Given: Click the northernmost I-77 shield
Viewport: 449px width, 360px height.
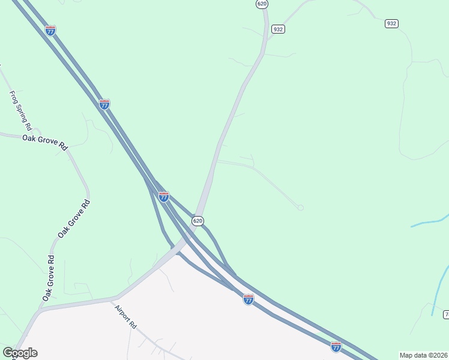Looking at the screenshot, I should [50, 31].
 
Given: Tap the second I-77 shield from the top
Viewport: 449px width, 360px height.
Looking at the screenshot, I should [104, 104].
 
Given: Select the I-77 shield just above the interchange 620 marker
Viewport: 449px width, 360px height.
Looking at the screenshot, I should [163, 196].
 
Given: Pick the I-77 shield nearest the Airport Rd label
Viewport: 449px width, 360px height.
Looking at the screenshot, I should [249, 299].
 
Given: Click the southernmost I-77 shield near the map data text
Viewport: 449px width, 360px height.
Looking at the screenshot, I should [336, 347].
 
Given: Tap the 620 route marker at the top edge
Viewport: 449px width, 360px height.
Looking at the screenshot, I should [262, 4].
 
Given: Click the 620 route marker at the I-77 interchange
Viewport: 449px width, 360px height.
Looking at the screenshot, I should [197, 221].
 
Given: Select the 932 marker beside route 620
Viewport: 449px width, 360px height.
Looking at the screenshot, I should [278, 29].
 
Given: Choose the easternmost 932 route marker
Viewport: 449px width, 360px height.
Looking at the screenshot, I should [391, 23].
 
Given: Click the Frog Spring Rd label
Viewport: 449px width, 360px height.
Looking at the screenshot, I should [20, 110].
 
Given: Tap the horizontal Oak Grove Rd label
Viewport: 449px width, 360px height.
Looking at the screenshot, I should [46, 142].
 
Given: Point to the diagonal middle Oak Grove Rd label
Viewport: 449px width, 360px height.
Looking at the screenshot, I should [74, 218].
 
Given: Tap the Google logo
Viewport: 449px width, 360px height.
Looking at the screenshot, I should [20, 353].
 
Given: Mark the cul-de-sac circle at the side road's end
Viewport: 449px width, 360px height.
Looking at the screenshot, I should [301, 208].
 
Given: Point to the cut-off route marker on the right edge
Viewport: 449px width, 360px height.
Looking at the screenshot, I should [446, 314].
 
